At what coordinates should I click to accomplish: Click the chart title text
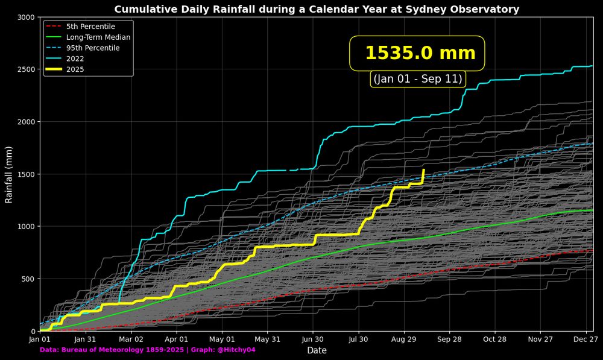point(317,10)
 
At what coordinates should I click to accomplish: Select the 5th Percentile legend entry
point(90,27)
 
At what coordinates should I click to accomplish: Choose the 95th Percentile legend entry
point(93,48)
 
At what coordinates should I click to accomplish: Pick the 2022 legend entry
point(75,59)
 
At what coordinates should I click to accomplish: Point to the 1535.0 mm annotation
point(420,53)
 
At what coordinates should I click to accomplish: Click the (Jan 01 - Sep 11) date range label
point(418,79)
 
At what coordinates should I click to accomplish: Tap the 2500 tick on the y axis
point(25,69)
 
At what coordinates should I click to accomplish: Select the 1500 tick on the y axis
point(25,174)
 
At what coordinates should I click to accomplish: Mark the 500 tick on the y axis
point(28,279)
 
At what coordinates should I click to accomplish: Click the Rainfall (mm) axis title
point(9,174)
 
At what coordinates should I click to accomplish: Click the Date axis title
point(317,350)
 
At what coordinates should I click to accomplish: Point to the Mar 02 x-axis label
point(131,339)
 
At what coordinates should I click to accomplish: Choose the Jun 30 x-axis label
point(313,339)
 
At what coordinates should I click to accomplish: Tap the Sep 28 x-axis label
point(449,339)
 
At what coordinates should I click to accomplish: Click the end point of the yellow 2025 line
point(423,170)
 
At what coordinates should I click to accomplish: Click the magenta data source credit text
point(148,350)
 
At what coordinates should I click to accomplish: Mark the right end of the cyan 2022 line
point(592,66)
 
